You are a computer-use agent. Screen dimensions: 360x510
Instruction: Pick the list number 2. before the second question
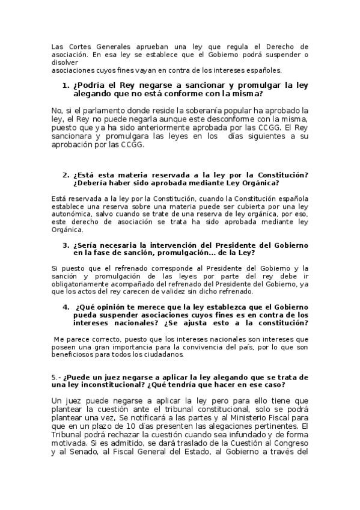pyautogui.click(x=66, y=175)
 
